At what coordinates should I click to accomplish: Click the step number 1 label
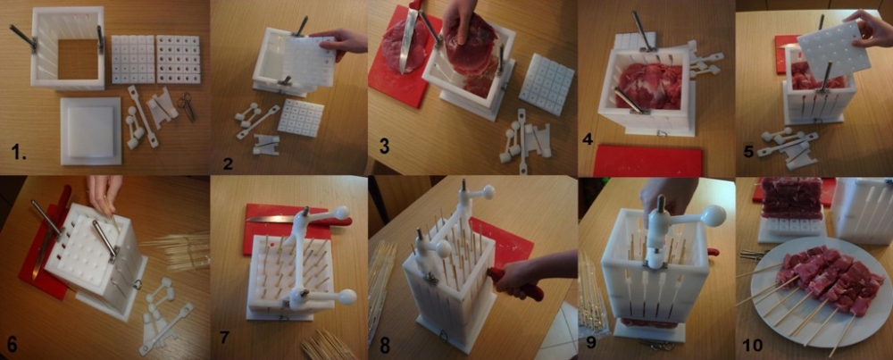[x=19, y=153]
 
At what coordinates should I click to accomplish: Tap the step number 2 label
[x=229, y=164]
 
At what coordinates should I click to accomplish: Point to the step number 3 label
[x=384, y=147]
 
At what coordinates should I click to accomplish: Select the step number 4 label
[x=588, y=138]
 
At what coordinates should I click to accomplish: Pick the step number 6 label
[x=13, y=344]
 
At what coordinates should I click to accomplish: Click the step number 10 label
[x=754, y=345]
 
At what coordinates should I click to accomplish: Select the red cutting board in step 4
[x=647, y=161]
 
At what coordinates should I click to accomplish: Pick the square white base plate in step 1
[x=91, y=131]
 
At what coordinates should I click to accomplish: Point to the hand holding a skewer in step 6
[x=105, y=191]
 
